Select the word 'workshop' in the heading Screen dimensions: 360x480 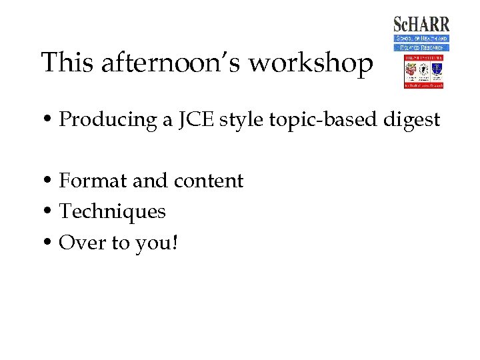click(309, 63)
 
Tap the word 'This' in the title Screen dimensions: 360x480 click(68, 63)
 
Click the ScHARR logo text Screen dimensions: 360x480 click(421, 25)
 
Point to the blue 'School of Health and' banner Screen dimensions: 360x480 click(421, 39)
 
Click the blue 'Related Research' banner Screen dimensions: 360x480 click(421, 47)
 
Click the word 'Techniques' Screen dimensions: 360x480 click(112, 212)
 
